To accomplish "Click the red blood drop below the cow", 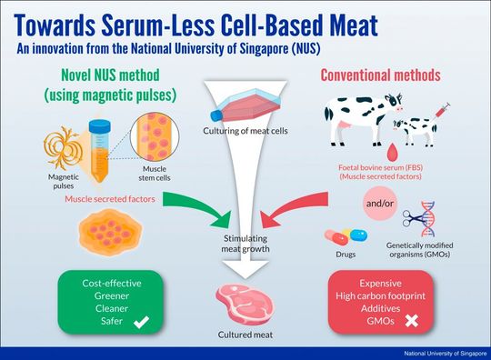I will click(x=367, y=150).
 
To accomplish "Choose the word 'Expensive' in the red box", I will click(x=382, y=282).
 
